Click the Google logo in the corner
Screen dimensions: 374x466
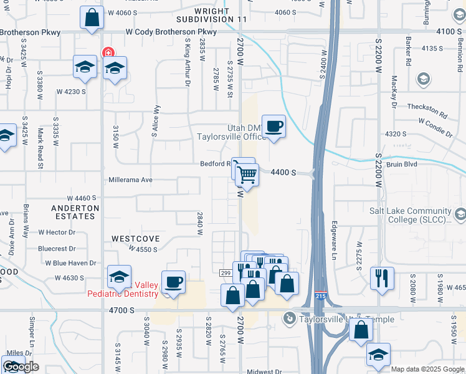click(x=21, y=367)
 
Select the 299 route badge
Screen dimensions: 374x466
click(x=226, y=272)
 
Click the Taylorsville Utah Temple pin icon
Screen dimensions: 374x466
click(x=288, y=319)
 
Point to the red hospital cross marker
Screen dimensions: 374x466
click(x=108, y=53)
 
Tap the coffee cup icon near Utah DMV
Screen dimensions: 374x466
click(x=273, y=127)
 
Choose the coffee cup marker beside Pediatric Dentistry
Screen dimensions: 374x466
click(x=173, y=282)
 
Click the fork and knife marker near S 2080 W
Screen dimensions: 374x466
click(x=382, y=277)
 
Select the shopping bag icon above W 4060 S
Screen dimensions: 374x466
click(x=92, y=18)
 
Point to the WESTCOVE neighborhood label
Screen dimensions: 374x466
click(x=136, y=239)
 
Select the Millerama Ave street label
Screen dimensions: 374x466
click(x=130, y=180)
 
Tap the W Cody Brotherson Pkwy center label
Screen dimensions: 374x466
click(x=171, y=32)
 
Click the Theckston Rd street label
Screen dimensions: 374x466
click(x=427, y=107)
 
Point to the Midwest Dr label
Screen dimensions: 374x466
click(x=264, y=372)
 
